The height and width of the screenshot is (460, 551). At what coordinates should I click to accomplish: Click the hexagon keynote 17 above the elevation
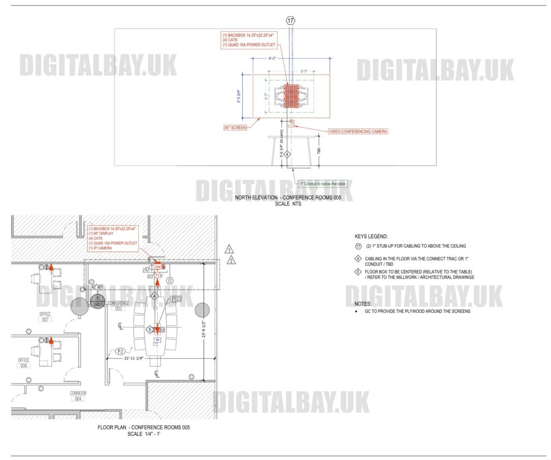pyautogui.click(x=291, y=21)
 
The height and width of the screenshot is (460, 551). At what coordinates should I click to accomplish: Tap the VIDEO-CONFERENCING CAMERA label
pyautogui.click(x=358, y=131)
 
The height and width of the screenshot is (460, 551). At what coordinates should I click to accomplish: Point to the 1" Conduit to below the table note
pyautogui.click(x=324, y=184)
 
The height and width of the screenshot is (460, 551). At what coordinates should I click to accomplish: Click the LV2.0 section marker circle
pyautogui.click(x=97, y=301)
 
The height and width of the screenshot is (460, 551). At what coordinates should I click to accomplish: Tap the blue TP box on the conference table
pyautogui.click(x=158, y=340)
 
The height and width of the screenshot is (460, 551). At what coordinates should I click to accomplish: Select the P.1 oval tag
pyautogui.click(x=121, y=352)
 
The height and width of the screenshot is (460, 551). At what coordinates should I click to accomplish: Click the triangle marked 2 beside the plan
pyautogui.click(x=230, y=261)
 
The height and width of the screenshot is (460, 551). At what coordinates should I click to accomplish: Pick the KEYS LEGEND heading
pyautogui.click(x=371, y=237)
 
